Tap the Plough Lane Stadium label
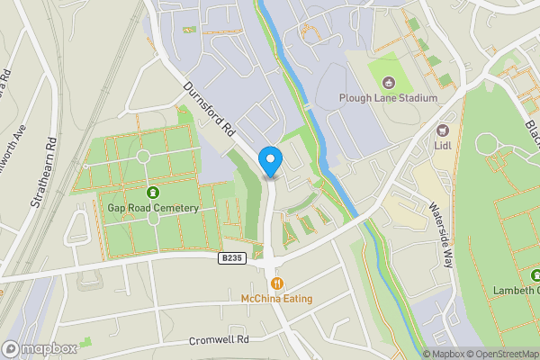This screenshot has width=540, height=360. [388, 98]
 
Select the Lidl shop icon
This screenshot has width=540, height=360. [442, 130]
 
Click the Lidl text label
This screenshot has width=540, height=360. [442, 145]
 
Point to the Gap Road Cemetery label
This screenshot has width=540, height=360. [152, 208]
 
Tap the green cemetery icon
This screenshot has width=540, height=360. [152, 192]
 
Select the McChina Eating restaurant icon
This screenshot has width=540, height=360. [277, 282]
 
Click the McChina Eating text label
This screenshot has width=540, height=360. [277, 297]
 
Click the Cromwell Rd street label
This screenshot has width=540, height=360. [218, 341]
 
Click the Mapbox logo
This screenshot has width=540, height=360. [39, 348]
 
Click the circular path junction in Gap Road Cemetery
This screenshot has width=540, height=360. [142, 157]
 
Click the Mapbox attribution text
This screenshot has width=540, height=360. [445, 354]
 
